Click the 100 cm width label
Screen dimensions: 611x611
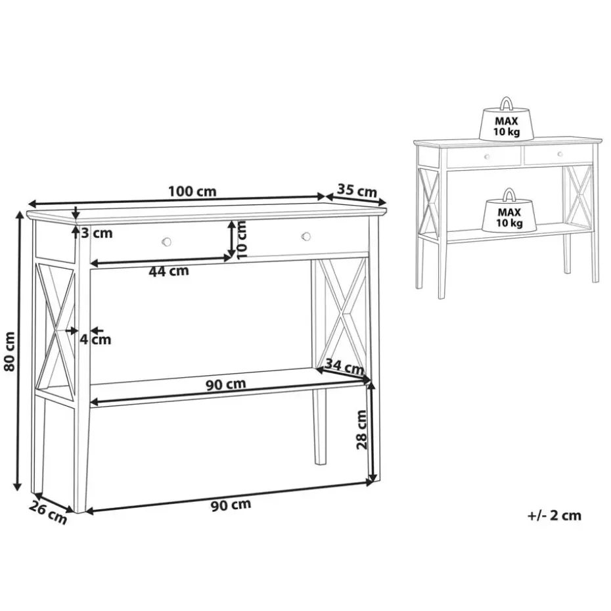click(192, 191)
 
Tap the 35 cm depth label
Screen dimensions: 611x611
click(357, 191)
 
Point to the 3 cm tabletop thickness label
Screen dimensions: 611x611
click(97, 233)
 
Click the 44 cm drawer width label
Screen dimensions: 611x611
click(169, 271)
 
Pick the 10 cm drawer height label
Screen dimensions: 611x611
click(242, 240)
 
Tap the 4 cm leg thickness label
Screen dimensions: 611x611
click(96, 340)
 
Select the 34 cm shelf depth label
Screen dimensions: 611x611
click(345, 367)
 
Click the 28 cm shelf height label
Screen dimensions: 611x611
click(362, 430)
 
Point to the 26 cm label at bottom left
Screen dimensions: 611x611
click(48, 512)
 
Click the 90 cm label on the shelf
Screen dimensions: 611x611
click(226, 384)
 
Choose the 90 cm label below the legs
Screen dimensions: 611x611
click(231, 505)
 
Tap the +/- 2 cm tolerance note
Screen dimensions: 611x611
click(554, 516)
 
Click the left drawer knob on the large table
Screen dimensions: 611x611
click(167, 242)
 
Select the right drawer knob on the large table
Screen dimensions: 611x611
click(306, 236)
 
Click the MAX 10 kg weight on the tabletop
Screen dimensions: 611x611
click(507, 119)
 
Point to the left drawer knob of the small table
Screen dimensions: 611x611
click(487, 156)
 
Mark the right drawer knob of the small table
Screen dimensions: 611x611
click(560, 154)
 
